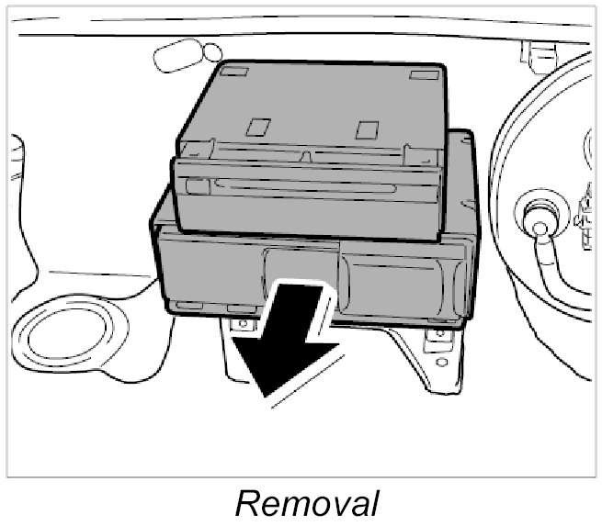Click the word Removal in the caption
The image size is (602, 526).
point(306,502)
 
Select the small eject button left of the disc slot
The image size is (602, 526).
point(196,186)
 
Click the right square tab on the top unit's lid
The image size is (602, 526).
point(368,129)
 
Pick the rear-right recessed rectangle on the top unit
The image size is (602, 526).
point(424,74)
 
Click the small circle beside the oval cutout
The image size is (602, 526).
point(212,52)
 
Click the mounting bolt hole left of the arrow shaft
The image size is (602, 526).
point(242,324)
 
